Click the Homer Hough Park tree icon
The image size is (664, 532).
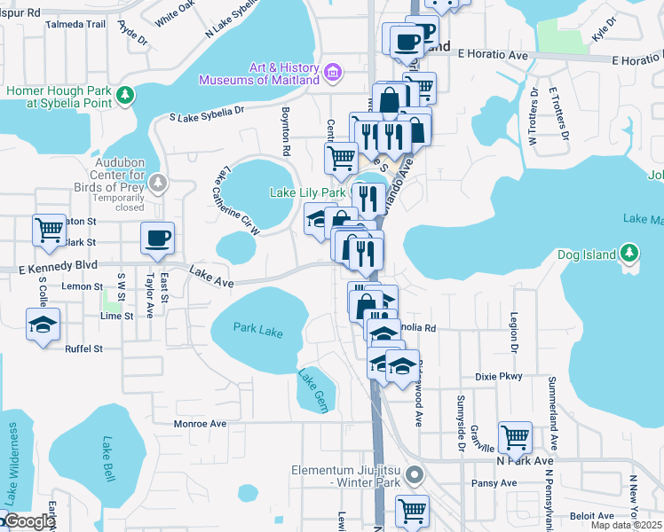click(127, 94)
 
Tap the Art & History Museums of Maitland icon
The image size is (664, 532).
click(333, 71)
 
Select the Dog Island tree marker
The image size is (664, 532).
click(629, 254)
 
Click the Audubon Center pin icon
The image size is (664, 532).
click(157, 184)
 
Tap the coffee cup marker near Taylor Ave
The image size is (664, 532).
click(157, 239)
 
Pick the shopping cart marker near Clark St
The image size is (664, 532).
click(49, 230)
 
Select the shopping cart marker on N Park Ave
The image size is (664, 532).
click(515, 436)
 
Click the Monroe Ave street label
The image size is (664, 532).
click(201, 424)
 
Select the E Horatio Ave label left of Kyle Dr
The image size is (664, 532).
click(493, 55)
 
